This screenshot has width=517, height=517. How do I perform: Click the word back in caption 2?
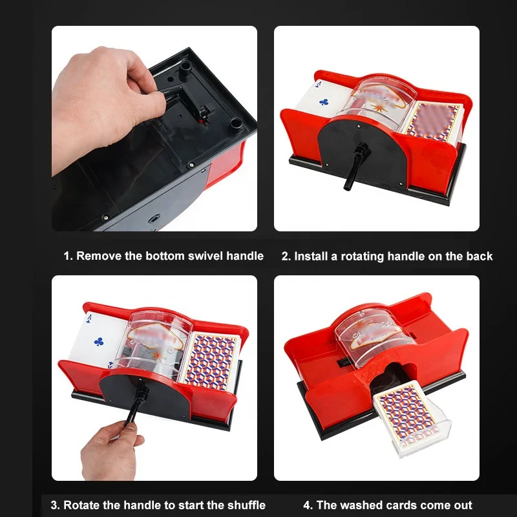tap(479, 257)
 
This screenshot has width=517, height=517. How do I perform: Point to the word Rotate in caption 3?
tap(84, 505)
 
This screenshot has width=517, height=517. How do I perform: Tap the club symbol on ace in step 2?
tap(324, 101)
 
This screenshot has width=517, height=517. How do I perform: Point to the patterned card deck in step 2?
tap(432, 121)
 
